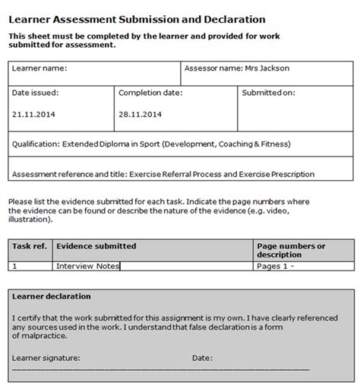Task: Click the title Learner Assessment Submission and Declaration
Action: (x=137, y=18)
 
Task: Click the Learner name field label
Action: (x=39, y=68)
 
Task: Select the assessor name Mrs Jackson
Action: (x=267, y=68)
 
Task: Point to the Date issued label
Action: (x=36, y=93)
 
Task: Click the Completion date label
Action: (x=151, y=93)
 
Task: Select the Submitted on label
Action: (x=268, y=93)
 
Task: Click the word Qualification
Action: (x=36, y=143)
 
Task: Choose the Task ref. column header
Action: (x=30, y=246)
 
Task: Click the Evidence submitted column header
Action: (x=96, y=246)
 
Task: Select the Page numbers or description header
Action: (x=291, y=251)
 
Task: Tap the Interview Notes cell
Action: (x=88, y=267)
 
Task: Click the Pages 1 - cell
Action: (x=276, y=267)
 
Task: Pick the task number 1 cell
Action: (x=16, y=267)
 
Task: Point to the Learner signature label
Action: (x=46, y=356)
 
